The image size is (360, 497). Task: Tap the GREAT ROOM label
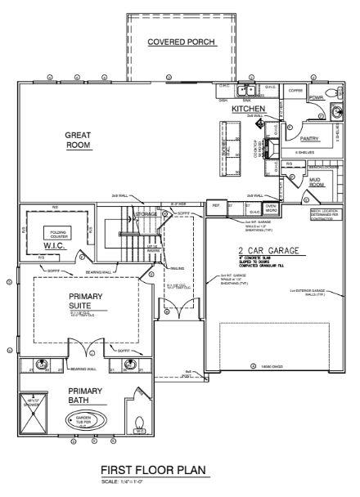pos(79,140)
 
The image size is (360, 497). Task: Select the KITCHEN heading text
pos(247,108)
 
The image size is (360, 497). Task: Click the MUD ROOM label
pos(317,182)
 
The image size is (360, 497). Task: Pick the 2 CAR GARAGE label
pos(268,250)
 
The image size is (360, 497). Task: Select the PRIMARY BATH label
pos(84,396)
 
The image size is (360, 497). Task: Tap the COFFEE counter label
pos(295,90)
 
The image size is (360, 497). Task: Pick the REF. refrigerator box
pos(217,206)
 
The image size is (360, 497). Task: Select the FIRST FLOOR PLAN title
pos(154,471)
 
